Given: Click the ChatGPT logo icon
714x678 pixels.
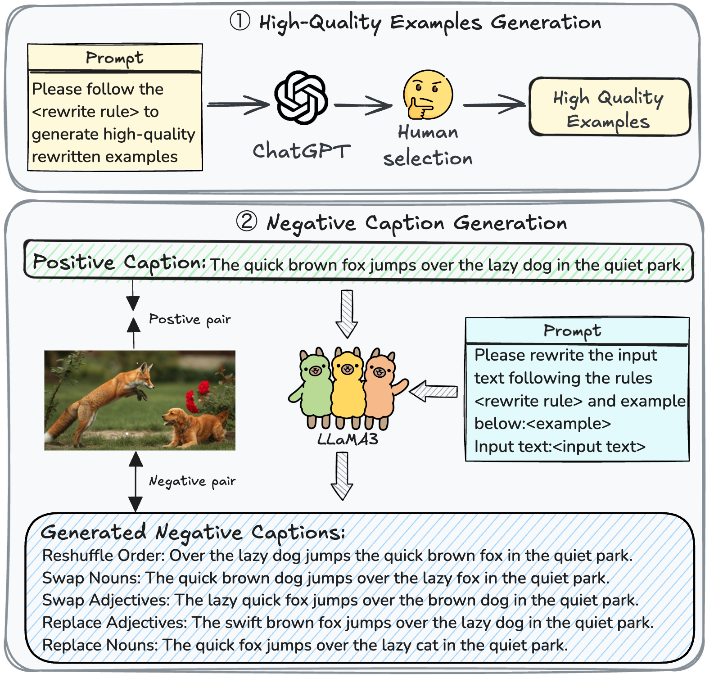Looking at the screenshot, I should coord(301,97).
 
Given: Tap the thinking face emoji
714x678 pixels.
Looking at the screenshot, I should coord(428,95).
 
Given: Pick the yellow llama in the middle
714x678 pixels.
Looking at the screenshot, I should coord(347,385).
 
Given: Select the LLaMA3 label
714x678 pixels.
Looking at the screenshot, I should coord(347,439).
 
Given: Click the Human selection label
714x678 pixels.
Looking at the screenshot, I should coord(428,145).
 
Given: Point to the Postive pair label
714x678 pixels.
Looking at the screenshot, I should coord(190,319).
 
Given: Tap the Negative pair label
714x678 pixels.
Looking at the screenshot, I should coord(192,481).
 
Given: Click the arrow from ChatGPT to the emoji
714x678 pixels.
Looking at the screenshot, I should coord(363,105).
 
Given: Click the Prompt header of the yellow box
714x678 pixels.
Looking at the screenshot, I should coord(115,58).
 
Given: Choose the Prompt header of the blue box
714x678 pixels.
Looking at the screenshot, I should coord(572,331).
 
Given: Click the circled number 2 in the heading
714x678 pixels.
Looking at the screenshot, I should coord(247,221).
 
